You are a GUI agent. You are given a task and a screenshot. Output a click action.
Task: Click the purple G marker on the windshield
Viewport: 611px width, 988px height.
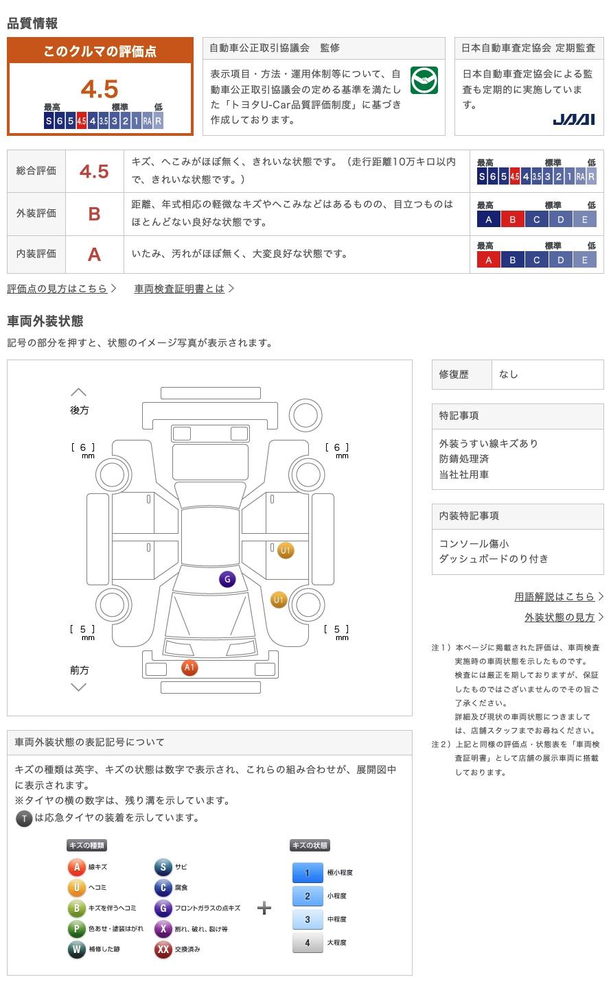click(227, 579)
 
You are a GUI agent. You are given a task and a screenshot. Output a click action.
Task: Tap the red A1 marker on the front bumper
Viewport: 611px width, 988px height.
click(189, 667)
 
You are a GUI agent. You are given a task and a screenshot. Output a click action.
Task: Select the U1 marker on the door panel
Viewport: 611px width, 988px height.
click(286, 550)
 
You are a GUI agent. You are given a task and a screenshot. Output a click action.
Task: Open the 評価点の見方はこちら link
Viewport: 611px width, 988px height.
click(58, 289)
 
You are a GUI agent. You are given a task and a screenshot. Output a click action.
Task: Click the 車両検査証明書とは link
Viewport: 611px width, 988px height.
click(180, 289)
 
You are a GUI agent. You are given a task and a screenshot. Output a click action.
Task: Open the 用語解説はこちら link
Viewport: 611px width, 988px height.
click(555, 597)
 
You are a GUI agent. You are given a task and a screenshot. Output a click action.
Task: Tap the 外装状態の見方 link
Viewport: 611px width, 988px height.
click(560, 617)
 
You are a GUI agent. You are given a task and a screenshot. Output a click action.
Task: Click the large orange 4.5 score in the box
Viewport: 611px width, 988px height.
click(100, 89)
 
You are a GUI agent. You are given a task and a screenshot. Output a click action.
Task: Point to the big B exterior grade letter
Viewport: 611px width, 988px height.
click(94, 214)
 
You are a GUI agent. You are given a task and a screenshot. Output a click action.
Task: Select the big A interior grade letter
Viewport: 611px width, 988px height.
click(94, 255)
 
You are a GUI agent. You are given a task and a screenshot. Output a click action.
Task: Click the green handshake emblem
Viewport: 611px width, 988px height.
click(424, 81)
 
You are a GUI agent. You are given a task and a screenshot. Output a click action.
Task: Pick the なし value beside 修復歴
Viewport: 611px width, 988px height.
click(509, 375)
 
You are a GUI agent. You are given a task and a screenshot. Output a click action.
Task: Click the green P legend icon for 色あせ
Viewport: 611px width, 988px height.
click(76, 929)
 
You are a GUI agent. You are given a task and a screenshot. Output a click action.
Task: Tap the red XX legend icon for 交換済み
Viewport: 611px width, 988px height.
click(163, 950)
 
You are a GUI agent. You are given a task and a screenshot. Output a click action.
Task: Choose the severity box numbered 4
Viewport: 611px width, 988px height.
click(308, 943)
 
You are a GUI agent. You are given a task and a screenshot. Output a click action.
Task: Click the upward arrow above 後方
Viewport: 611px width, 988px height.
click(79, 392)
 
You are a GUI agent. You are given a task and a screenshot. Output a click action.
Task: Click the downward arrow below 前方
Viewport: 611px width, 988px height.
click(79, 687)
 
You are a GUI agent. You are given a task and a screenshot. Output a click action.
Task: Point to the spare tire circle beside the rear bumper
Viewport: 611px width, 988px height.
click(305, 416)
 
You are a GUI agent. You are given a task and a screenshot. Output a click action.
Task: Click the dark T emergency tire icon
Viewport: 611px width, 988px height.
click(24, 819)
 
